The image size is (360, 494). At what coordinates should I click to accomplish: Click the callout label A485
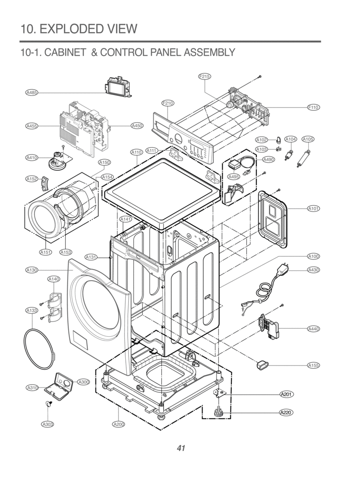click(x=32, y=92)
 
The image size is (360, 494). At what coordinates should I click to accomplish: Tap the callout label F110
click(x=313, y=107)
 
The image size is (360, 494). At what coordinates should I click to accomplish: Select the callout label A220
click(x=287, y=412)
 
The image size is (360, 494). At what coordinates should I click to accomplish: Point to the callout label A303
click(x=47, y=424)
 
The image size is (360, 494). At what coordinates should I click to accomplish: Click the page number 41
click(x=180, y=448)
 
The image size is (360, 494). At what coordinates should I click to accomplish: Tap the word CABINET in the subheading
click(x=65, y=52)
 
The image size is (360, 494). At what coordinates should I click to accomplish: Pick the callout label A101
click(x=313, y=209)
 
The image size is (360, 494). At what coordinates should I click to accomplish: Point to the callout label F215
click(x=204, y=76)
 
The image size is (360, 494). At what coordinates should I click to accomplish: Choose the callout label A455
click(x=32, y=126)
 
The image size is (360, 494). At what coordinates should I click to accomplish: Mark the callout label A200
click(x=119, y=424)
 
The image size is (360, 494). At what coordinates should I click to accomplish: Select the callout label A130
click(x=32, y=271)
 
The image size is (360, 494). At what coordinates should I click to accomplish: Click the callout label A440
click(x=313, y=329)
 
